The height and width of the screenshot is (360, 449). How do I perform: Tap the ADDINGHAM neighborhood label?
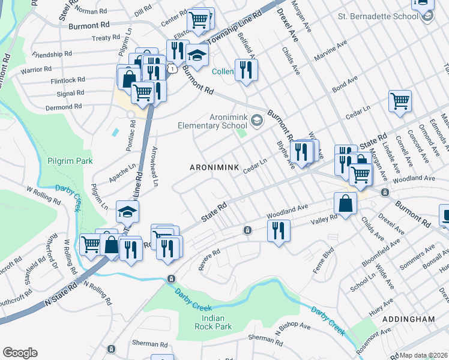click(407, 320)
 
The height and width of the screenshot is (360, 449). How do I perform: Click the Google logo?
click(20, 353)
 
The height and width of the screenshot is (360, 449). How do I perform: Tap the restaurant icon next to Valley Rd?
click(278, 230)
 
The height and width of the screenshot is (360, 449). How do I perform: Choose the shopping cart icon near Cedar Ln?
click(400, 101)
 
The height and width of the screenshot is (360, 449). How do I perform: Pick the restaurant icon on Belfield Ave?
click(246, 70)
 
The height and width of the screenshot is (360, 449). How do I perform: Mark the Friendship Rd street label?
click(52, 54)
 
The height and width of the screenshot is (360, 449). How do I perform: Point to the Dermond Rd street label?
click(61, 106)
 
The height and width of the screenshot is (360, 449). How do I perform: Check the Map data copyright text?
click(423, 355)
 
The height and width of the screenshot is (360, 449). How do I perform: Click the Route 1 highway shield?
click(173, 70)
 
